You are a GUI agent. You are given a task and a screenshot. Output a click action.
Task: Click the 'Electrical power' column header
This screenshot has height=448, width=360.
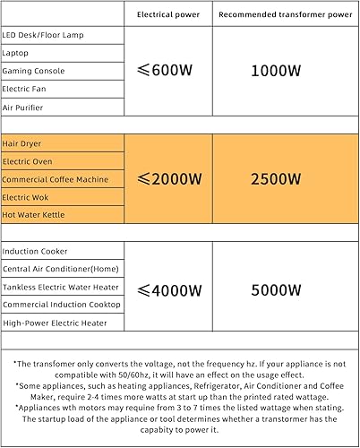(x=168, y=15)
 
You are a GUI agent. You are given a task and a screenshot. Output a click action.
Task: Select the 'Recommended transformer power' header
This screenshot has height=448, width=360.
(x=284, y=15)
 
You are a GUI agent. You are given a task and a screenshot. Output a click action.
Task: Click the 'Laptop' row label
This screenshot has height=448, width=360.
(x=16, y=53)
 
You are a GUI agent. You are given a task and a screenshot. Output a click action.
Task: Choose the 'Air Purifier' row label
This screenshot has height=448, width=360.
(x=24, y=108)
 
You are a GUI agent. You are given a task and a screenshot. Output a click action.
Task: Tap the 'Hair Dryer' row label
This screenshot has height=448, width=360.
(x=22, y=143)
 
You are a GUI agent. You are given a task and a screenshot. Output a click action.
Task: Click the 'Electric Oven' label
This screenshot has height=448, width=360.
(x=28, y=161)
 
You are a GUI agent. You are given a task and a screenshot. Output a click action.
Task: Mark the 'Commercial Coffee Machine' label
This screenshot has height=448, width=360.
(x=55, y=179)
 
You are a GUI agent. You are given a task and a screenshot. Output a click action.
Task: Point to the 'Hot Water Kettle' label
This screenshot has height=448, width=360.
(x=34, y=215)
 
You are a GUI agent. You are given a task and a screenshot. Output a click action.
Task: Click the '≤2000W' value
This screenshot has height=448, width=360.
(x=169, y=179)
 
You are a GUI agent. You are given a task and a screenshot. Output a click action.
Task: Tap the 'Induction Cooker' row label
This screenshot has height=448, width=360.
(x=35, y=252)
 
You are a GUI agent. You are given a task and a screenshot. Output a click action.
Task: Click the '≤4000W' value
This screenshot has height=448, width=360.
(x=169, y=289)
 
